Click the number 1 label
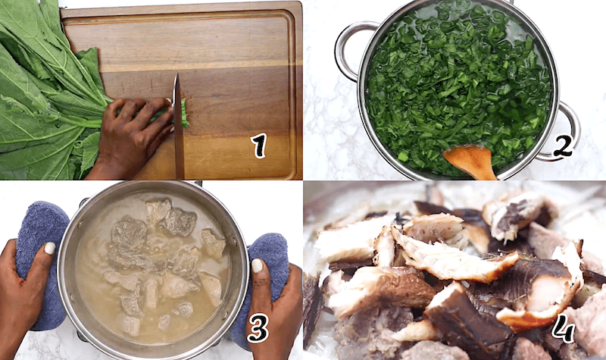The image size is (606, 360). pos(260,146)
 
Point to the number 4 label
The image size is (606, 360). pos(563,327)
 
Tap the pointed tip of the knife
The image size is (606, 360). pos(176,76)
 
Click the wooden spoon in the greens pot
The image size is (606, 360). pos(470,160)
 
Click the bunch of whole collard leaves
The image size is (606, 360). pos(42,91)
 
